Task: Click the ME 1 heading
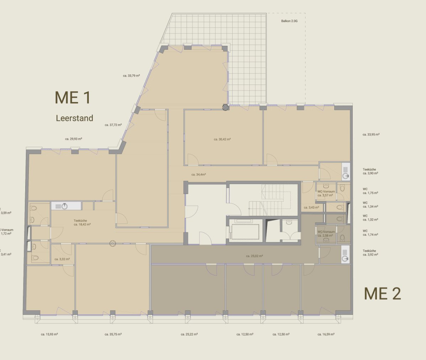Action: coord(73,98)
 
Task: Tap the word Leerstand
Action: coord(74,118)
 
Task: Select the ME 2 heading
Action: coord(382,294)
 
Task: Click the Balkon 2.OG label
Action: coord(289,21)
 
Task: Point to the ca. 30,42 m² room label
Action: coord(222,139)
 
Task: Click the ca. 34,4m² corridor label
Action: coord(198,174)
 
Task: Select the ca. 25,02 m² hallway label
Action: coord(254,256)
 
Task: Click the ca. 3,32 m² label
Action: coord(62,259)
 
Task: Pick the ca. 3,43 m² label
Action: coord(311,208)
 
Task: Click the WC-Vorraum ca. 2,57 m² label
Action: coord(326,193)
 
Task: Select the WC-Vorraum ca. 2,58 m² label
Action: coord(326,233)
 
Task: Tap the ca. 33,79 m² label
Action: coord(131,75)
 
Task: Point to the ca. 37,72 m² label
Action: coord(113,125)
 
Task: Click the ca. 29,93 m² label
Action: coord(74,139)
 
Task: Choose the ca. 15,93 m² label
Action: coord(49,334)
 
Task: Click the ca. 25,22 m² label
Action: coord(189,334)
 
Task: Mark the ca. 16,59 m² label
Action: coord(326,334)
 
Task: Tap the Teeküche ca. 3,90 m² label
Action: coord(370,171)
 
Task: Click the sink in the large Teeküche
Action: coord(64,206)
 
